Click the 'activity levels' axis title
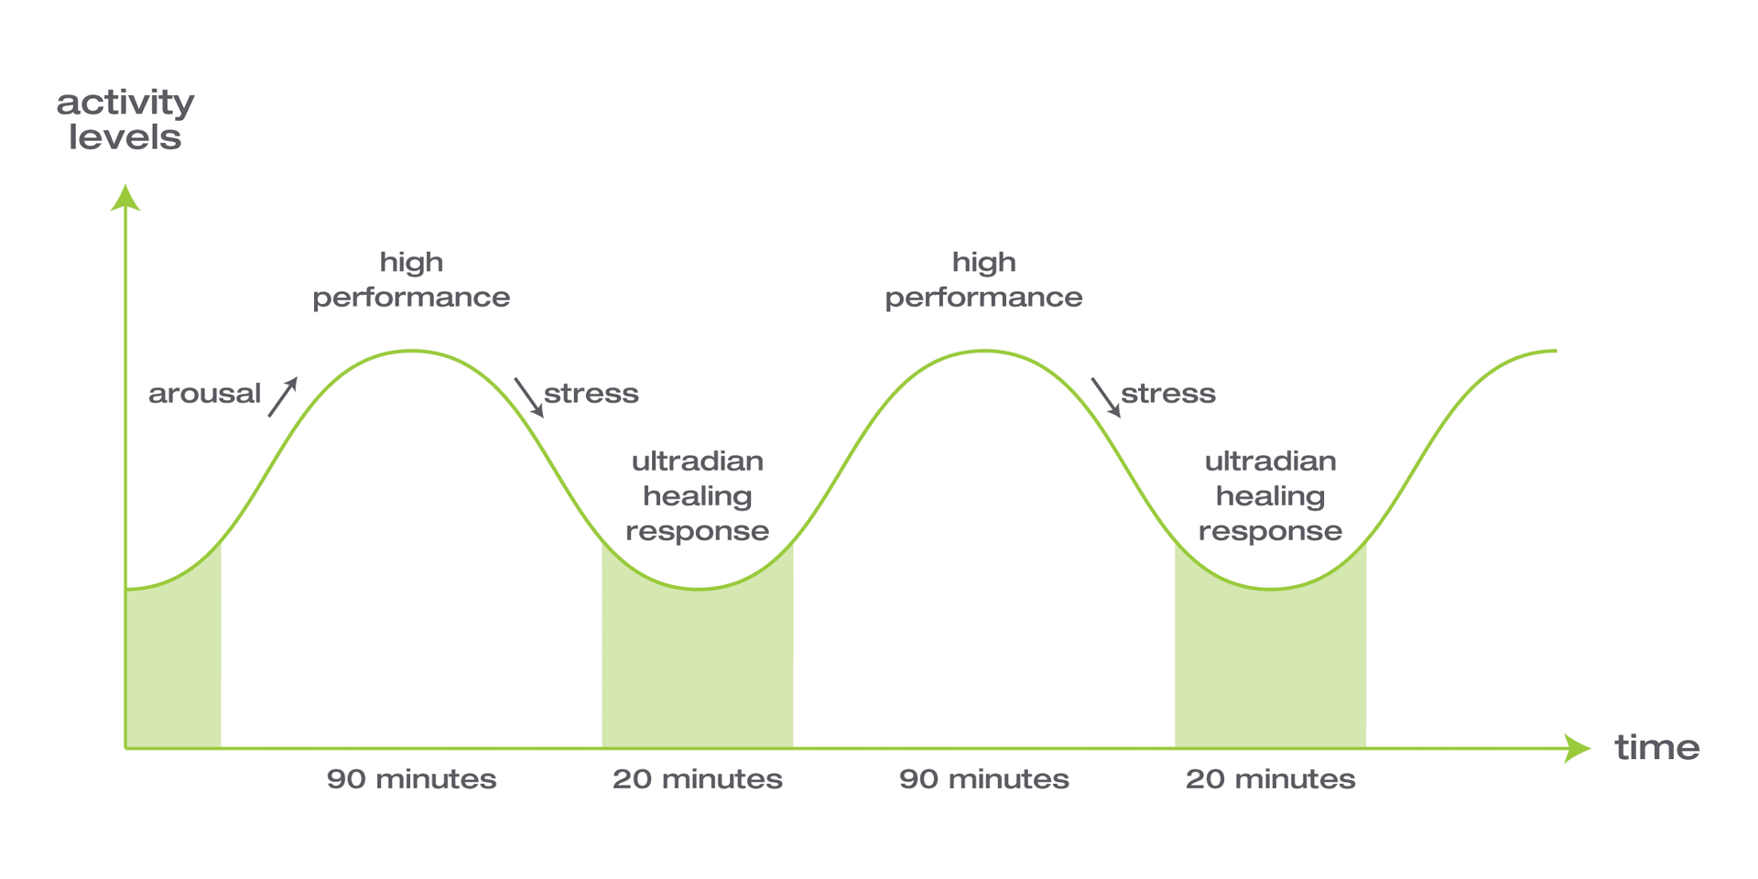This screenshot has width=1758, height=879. point(125,120)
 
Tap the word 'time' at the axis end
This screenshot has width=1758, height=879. point(1656,748)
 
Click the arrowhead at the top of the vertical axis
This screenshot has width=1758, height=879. point(125,198)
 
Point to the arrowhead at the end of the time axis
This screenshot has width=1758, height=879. point(1577,748)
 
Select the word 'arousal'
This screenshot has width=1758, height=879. point(204,394)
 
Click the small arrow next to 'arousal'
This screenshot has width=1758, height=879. point(283,397)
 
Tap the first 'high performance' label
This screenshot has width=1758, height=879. point(411,279)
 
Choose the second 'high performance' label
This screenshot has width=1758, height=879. point(983,279)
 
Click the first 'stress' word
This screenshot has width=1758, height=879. point(591,394)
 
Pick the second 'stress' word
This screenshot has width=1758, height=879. point(1168,394)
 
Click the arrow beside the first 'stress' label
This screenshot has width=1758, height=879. point(529,397)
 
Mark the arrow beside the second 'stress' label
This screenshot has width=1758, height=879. point(1106,397)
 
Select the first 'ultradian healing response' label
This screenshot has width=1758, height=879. point(697,495)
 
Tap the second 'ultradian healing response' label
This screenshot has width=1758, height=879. point(1270,495)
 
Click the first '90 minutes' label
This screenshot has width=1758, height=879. point(411,779)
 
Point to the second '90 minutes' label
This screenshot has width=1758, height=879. point(983,779)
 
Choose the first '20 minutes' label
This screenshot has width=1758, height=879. point(697,779)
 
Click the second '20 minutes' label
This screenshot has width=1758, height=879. point(1270,779)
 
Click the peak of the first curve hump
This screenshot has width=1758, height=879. point(412,351)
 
